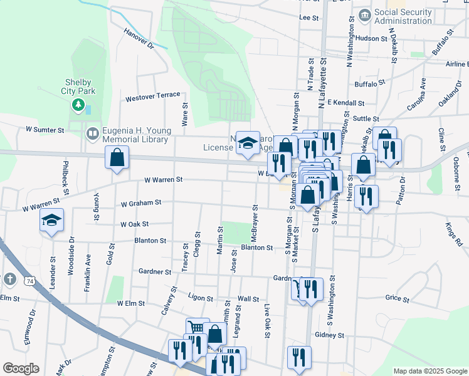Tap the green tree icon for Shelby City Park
click(x=78, y=105)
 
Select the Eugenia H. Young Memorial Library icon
click(x=92, y=133)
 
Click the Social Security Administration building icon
click(x=364, y=15)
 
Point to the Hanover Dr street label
click(x=139, y=38)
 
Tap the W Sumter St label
click(x=45, y=130)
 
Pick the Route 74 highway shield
click(x=30, y=282)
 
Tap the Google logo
click(x=20, y=368)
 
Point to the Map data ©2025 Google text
click(x=430, y=371)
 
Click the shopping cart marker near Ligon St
click(x=196, y=328)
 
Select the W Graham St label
click(x=141, y=203)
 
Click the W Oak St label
click(x=134, y=224)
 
